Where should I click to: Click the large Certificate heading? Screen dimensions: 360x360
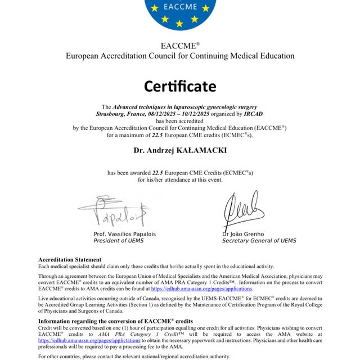[179, 86]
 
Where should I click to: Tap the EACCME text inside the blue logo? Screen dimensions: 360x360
[179, 8]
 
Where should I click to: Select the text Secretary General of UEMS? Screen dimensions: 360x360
[259, 241]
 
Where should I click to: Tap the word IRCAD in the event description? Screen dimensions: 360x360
[250, 114]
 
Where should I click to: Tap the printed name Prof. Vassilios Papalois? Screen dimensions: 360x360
[124, 234]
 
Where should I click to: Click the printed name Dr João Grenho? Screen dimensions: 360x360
[243, 234]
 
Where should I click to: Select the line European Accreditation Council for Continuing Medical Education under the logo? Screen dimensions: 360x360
[179, 56]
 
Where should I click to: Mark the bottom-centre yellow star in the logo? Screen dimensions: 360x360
[179, 24]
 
